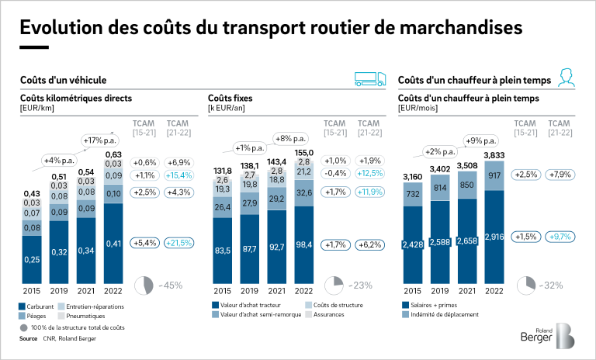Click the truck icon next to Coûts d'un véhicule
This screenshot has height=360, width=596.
(x=369, y=78)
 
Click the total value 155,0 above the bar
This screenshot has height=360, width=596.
(x=303, y=153)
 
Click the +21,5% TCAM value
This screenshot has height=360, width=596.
(x=178, y=244)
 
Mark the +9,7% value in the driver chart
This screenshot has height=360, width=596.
(x=560, y=236)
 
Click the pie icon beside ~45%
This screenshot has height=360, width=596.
(x=144, y=285)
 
